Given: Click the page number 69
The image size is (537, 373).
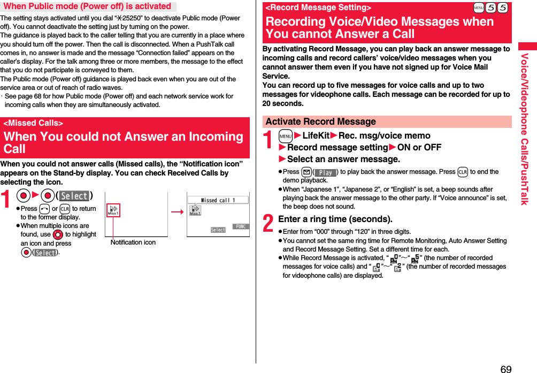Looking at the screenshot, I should coord(506,369).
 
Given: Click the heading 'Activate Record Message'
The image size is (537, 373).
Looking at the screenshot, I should coord(320,122).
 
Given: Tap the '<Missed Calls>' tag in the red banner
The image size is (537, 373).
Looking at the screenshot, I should coord(33,123).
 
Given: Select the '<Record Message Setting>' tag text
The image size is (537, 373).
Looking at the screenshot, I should coord(318,8).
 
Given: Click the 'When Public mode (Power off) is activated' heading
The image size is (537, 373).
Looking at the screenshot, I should coord(87,6).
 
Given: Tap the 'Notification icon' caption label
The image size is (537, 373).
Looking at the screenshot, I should coord(133,242).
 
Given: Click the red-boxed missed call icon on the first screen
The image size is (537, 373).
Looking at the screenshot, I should coord(113,210).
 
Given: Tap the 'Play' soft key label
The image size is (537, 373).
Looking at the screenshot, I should coord(325,172).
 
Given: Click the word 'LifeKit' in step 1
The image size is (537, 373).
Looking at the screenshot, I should coord(316,136).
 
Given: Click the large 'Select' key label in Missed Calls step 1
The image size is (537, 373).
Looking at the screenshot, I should coord(74,196).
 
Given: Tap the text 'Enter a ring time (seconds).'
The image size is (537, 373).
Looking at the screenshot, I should coord(335,219).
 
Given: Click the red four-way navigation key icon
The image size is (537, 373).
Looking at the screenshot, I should coord(58,234).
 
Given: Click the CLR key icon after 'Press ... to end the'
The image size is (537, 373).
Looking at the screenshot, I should coord(463,172).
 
